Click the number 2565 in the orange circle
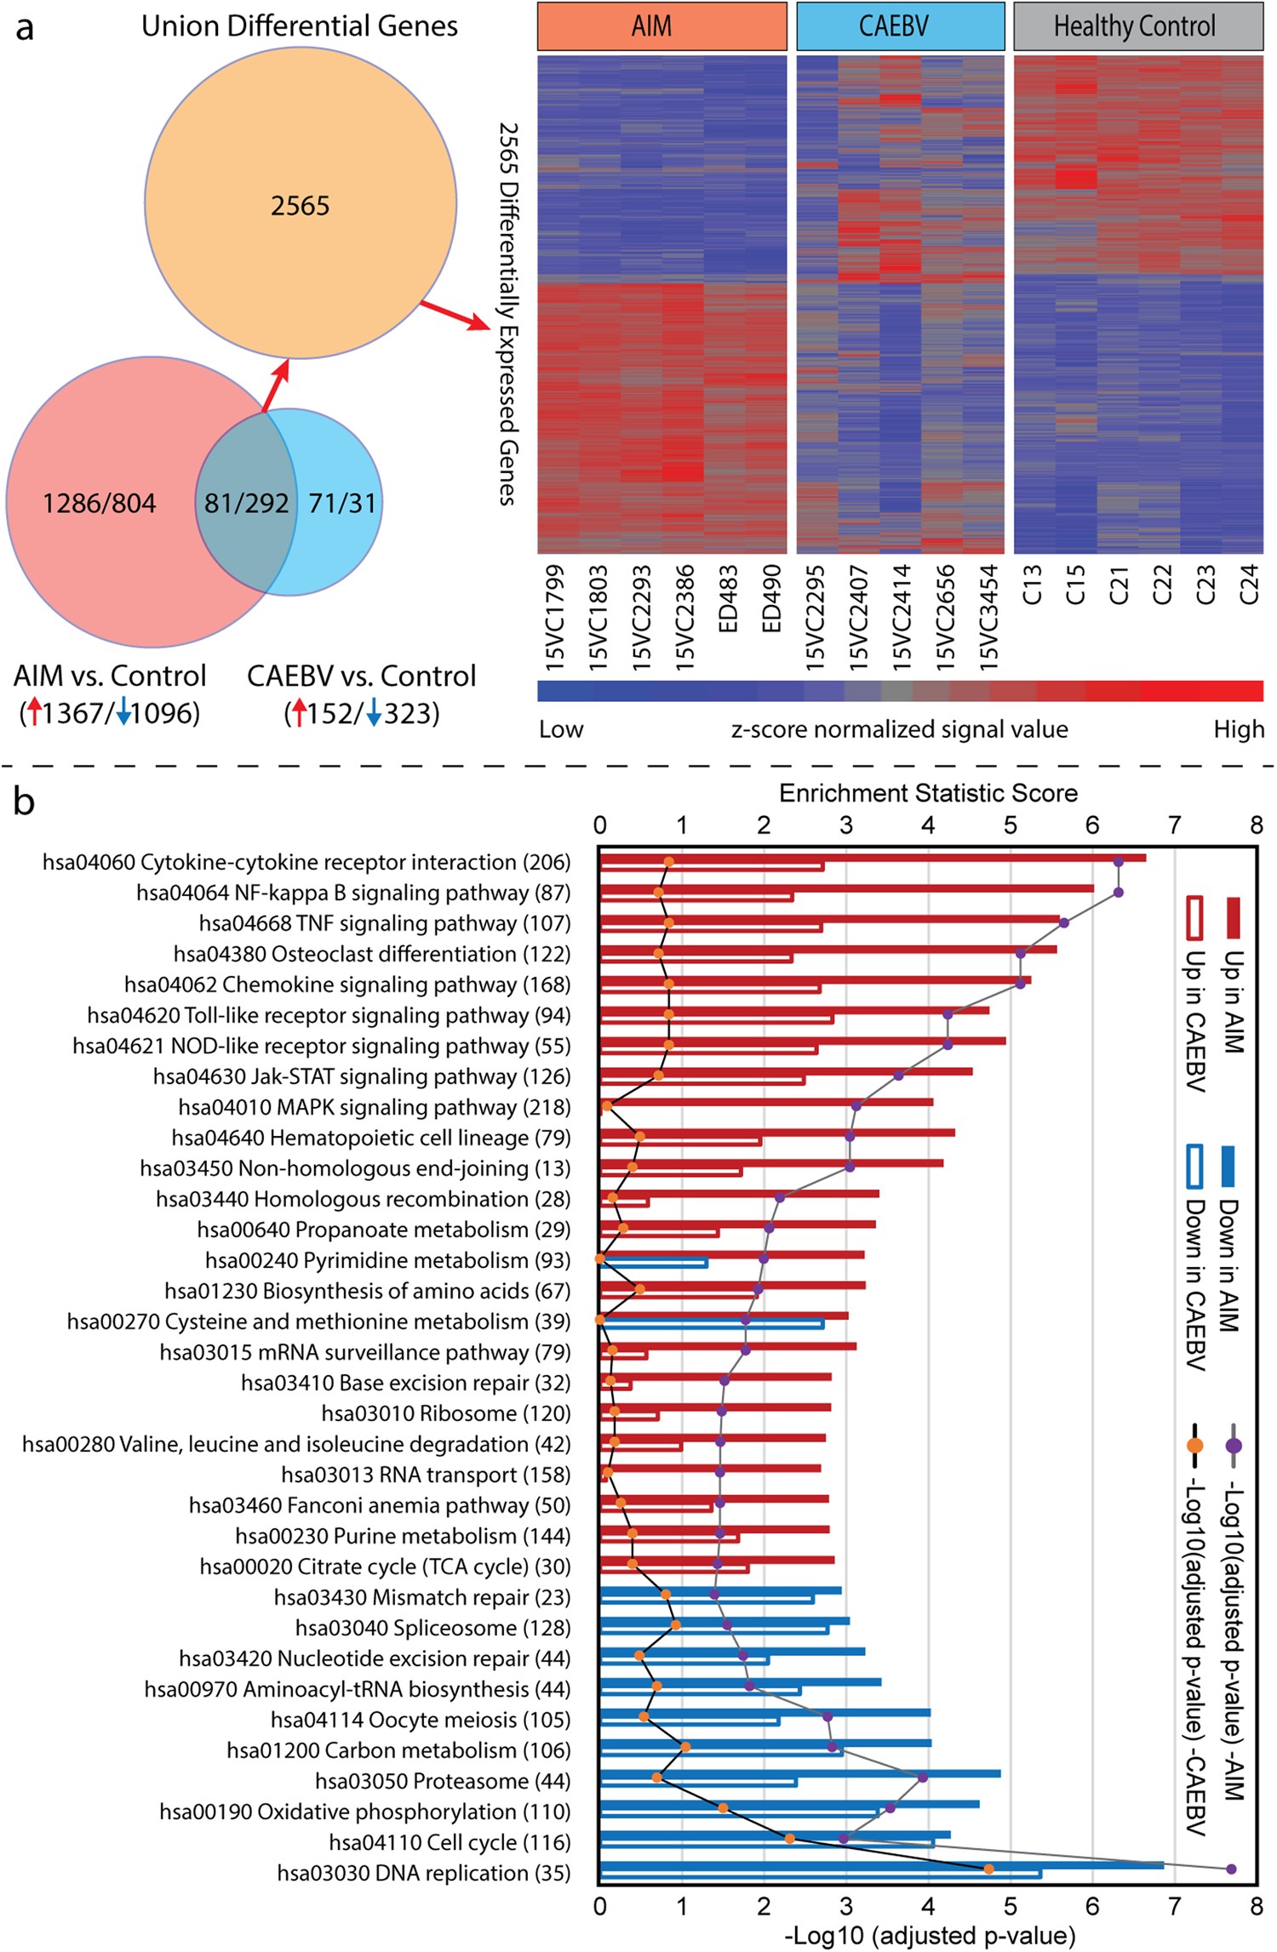point(300,205)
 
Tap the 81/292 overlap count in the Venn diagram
point(246,503)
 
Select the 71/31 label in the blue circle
point(342,503)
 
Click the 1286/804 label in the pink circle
point(100,503)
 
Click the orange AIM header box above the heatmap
point(661,26)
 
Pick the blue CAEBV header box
point(900,26)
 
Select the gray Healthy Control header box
point(1137,26)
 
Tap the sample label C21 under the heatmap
point(1119,585)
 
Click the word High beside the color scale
point(1238,729)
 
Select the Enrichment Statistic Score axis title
point(928,793)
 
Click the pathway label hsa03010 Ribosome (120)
point(445,1413)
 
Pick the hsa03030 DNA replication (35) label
point(423,1873)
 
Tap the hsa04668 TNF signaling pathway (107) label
point(385,923)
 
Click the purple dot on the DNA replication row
point(1230,1869)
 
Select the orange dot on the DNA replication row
point(988,1869)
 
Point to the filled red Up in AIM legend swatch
point(1232,918)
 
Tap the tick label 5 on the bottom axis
point(1010,1906)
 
